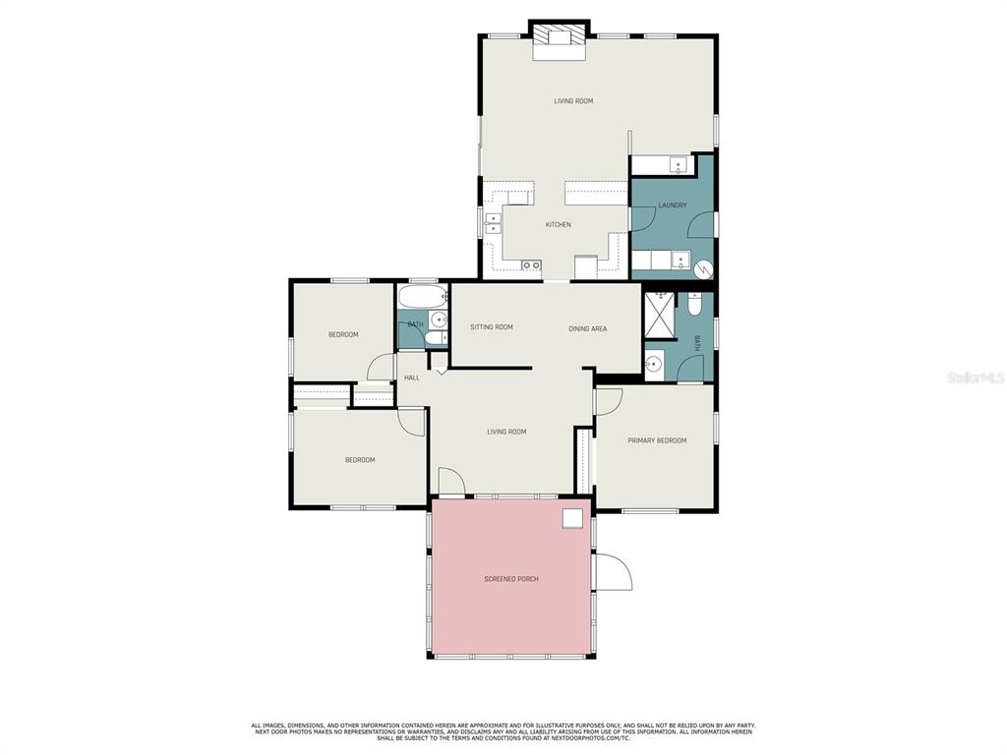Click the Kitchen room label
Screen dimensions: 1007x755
[559, 225]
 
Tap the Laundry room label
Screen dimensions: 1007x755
[673, 205]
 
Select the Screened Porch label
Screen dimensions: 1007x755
[511, 579]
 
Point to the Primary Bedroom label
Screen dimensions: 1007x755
[657, 440]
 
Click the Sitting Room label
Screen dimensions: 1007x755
[492, 326]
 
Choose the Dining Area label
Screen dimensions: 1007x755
[588, 328]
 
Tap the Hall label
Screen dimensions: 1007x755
[412, 377]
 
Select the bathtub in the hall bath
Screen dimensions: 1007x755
[423, 297]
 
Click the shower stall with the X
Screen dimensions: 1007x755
[660, 315]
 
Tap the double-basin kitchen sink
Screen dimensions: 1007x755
[493, 224]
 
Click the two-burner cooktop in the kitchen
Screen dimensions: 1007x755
[531, 264]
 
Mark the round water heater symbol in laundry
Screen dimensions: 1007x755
[704, 269]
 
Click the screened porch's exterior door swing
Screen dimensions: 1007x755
[614, 572]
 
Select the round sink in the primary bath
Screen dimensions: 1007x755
[653, 365]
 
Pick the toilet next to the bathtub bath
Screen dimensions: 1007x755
[438, 338]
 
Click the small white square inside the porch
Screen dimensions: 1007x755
[572, 518]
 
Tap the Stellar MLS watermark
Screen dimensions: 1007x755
[976, 378]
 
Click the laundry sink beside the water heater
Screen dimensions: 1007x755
[681, 261]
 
